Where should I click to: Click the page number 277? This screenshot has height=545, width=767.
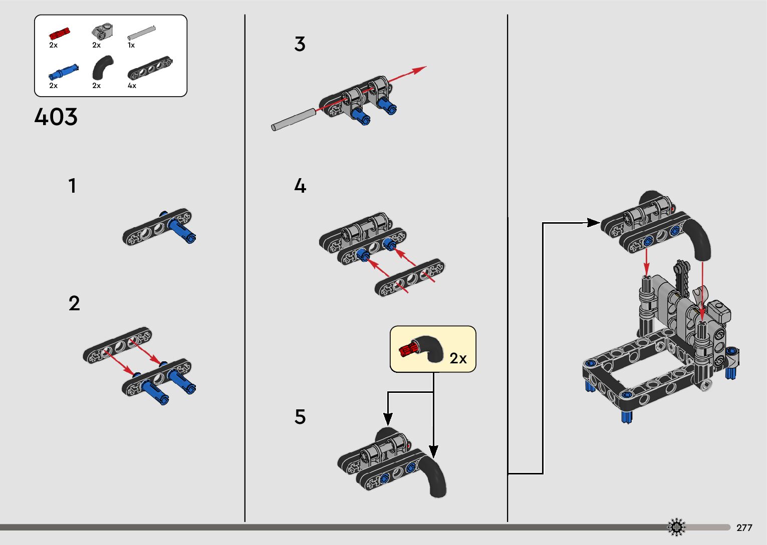(x=744, y=527)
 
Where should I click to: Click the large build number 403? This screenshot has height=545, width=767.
(x=56, y=117)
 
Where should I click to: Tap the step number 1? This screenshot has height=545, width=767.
(x=73, y=186)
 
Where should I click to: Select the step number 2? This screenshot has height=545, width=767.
(x=74, y=303)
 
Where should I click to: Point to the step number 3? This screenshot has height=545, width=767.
(x=300, y=44)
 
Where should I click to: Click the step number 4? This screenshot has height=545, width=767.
(x=300, y=186)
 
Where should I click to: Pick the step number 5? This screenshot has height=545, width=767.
(x=300, y=417)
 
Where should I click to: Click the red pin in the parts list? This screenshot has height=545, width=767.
(x=59, y=34)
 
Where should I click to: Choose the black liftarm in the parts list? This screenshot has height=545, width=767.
(x=150, y=69)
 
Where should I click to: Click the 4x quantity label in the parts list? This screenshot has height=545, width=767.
(x=132, y=86)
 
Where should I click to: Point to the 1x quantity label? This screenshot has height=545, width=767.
(x=131, y=45)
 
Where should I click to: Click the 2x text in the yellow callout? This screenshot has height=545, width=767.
(x=458, y=358)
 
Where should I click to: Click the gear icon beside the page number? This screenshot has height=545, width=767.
(x=676, y=527)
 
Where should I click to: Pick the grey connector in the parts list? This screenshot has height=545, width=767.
(x=102, y=32)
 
